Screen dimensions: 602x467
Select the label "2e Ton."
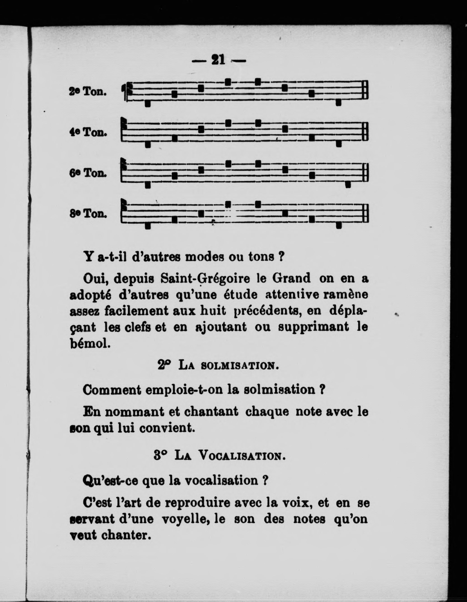click(x=88, y=92)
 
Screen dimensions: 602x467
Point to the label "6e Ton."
click(x=88, y=173)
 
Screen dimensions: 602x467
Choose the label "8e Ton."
click(x=88, y=214)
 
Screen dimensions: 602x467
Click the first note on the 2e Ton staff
click(x=148, y=103)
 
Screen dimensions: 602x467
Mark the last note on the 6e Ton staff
click(x=348, y=185)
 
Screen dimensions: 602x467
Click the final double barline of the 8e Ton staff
click(x=365, y=214)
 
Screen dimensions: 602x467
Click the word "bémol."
click(x=90, y=344)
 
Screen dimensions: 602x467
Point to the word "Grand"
click(x=292, y=279)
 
